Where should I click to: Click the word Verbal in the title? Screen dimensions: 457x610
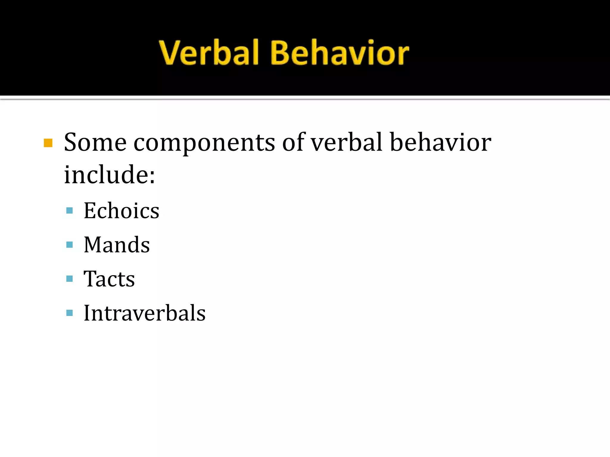(x=208, y=53)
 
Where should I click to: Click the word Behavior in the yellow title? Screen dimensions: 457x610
(x=340, y=53)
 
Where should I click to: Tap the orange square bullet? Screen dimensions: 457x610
(x=48, y=143)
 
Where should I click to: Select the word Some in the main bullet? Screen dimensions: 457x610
(x=95, y=143)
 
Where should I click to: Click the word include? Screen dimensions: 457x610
(x=106, y=175)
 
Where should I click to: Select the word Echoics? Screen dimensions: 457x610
(x=121, y=211)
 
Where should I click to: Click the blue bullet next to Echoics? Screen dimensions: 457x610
(x=69, y=211)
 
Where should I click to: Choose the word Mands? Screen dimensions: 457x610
(x=116, y=245)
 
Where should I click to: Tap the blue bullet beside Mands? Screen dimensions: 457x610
(x=69, y=245)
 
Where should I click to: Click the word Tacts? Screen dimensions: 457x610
(x=109, y=279)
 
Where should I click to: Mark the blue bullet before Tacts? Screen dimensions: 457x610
(x=69, y=279)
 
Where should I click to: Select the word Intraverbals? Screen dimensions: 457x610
(x=144, y=313)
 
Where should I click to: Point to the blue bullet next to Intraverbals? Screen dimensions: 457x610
(x=69, y=313)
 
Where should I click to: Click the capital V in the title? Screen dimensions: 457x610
(x=170, y=53)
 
